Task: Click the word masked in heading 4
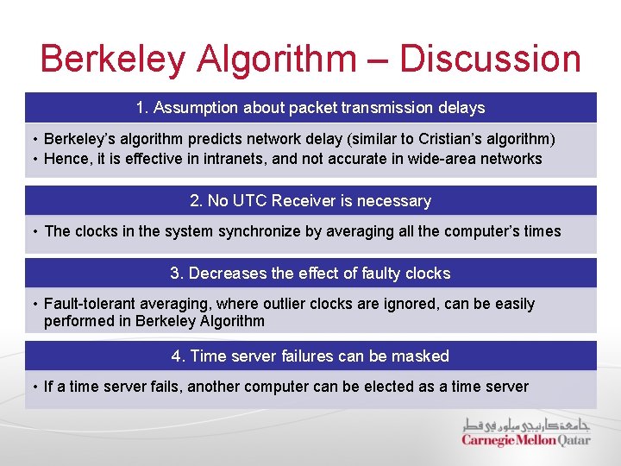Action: [x=423, y=356]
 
